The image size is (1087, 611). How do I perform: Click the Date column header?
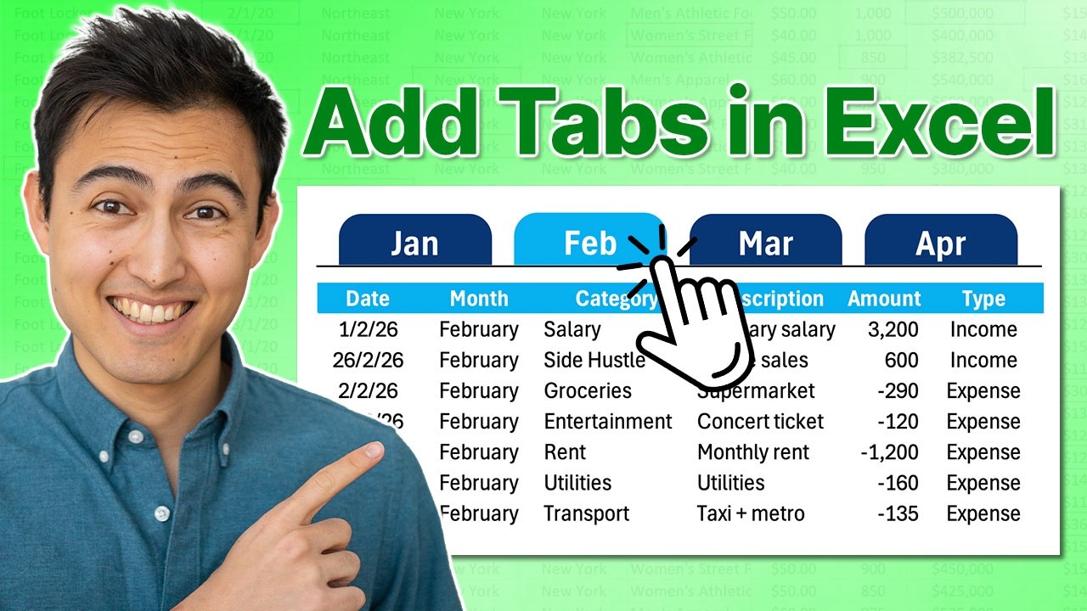coord(368,299)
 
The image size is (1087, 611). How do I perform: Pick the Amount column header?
coord(884,299)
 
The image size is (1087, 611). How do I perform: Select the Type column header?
coord(983,299)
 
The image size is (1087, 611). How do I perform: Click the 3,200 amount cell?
coord(895,329)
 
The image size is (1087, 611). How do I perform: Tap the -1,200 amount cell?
coord(889,452)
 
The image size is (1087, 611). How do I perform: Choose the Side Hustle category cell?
coord(594,360)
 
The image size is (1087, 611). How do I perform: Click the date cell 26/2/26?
coord(368,360)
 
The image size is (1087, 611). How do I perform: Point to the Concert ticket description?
coord(760,422)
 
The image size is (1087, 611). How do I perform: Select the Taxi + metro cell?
coord(751,513)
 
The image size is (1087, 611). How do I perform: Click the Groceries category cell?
coord(588,391)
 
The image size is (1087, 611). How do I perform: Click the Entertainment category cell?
coord(607,422)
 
